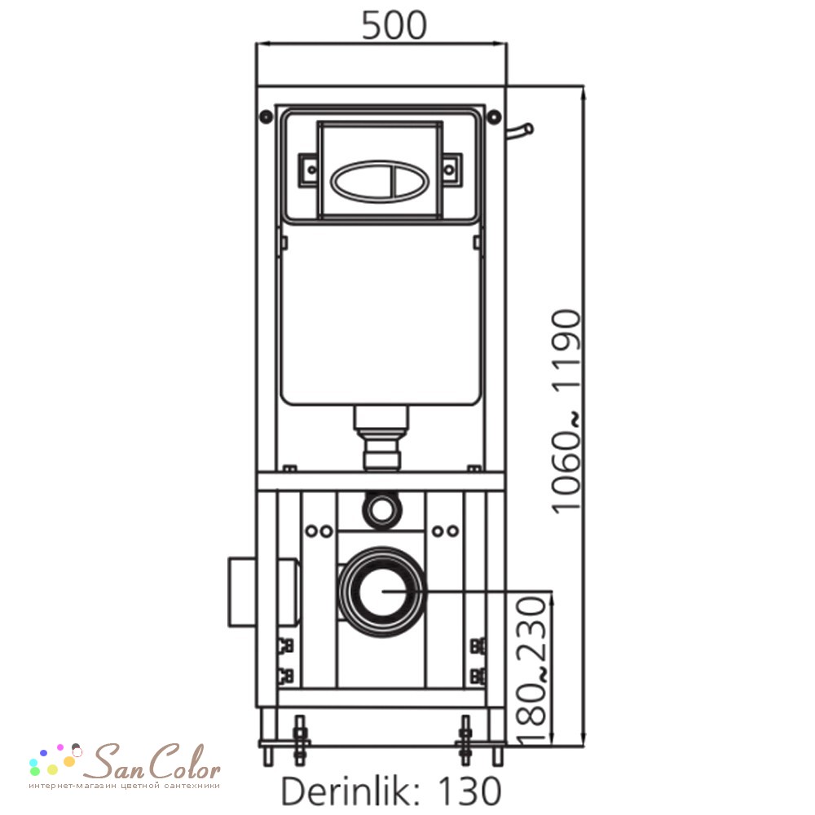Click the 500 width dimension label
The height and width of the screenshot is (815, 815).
click(394, 25)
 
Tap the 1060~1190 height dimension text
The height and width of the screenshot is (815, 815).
click(566, 412)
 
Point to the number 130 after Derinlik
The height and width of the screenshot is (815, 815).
click(469, 791)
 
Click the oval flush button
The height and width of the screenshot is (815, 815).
click(380, 180)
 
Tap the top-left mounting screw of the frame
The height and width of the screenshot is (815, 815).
click(266, 117)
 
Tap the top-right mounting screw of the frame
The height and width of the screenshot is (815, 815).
click(495, 117)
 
